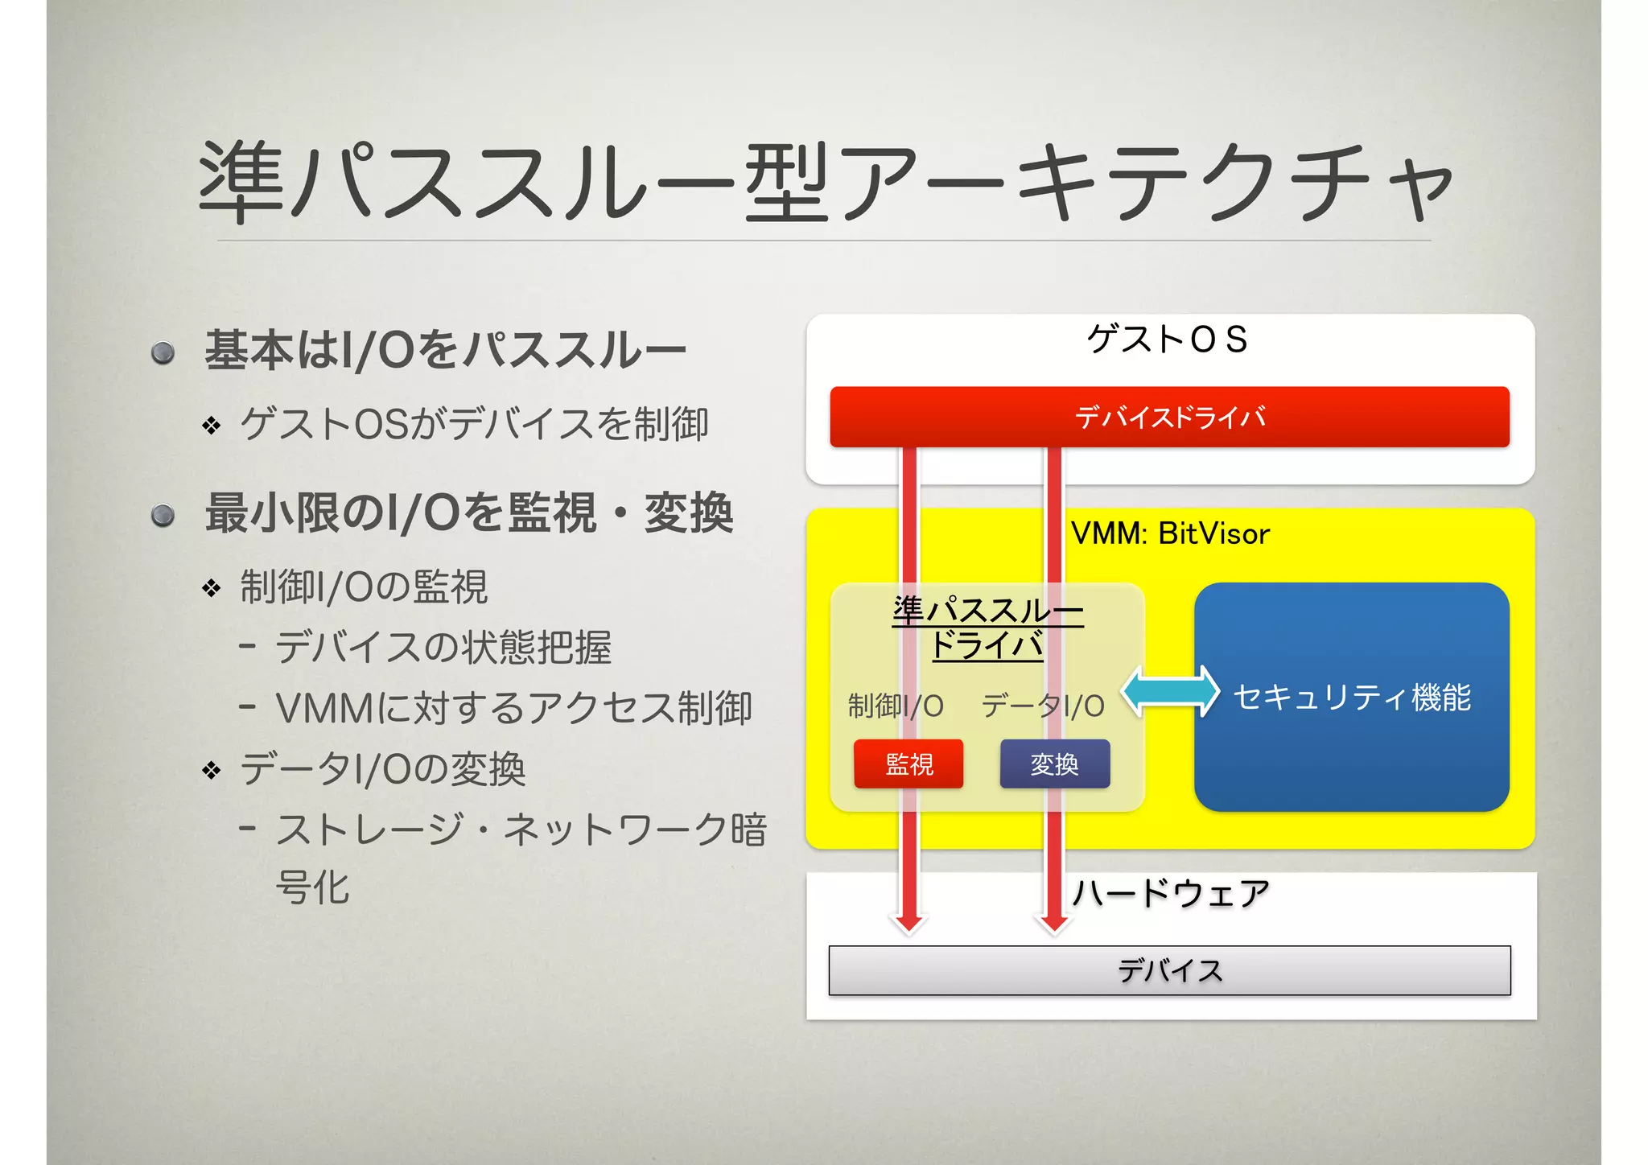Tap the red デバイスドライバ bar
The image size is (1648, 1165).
click(x=1169, y=417)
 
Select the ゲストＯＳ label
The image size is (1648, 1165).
click(x=1167, y=340)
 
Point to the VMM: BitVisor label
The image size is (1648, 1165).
click(x=1170, y=533)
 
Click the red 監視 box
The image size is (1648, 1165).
click(x=908, y=764)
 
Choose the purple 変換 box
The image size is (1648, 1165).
click(x=1054, y=764)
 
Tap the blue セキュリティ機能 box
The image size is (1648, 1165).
click(x=1351, y=697)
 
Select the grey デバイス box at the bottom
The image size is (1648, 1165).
click(x=1169, y=970)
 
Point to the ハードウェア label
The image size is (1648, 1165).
click(x=1171, y=893)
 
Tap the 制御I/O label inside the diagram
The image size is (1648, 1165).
click(x=896, y=706)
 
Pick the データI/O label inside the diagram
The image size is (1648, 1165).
click(x=1043, y=706)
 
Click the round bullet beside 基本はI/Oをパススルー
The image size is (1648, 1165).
click(x=163, y=352)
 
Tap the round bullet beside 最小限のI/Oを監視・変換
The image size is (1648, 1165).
click(x=163, y=515)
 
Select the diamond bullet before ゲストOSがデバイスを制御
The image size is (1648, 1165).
click(x=212, y=425)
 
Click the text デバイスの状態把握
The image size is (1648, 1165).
click(x=443, y=648)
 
